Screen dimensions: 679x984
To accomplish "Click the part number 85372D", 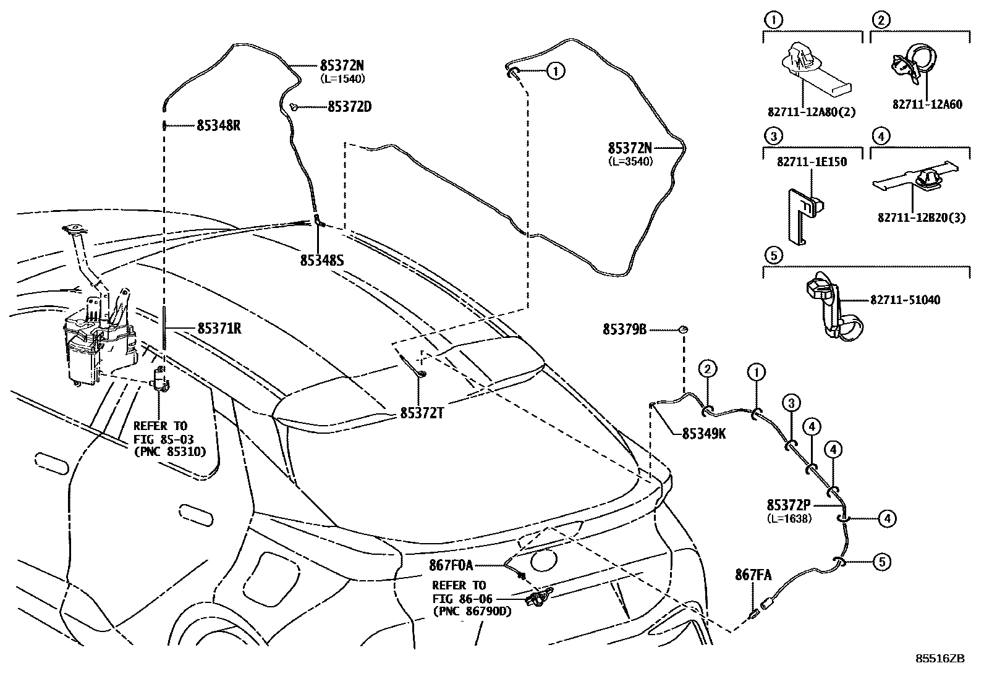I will (349, 107).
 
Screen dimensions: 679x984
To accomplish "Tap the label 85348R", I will (218, 125).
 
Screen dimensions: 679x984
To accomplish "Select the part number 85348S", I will (321, 261).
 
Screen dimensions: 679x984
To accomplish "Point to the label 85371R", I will (219, 329).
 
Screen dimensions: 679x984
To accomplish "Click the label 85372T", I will (422, 413).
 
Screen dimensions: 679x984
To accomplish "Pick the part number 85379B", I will (624, 330).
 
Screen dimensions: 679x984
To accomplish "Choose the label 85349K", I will (704, 434).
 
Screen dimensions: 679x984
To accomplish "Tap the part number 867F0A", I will (451, 565).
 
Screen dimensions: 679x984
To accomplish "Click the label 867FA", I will (753, 575).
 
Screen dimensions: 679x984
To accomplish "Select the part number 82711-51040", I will (905, 300).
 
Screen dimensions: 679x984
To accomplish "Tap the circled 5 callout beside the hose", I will (882, 562).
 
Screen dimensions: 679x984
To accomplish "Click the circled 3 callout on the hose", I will (791, 404).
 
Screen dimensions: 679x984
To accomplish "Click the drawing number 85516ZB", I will (940, 659).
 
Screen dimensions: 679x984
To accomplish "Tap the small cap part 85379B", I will (684, 329).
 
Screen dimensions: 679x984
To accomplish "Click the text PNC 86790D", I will (472, 612).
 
